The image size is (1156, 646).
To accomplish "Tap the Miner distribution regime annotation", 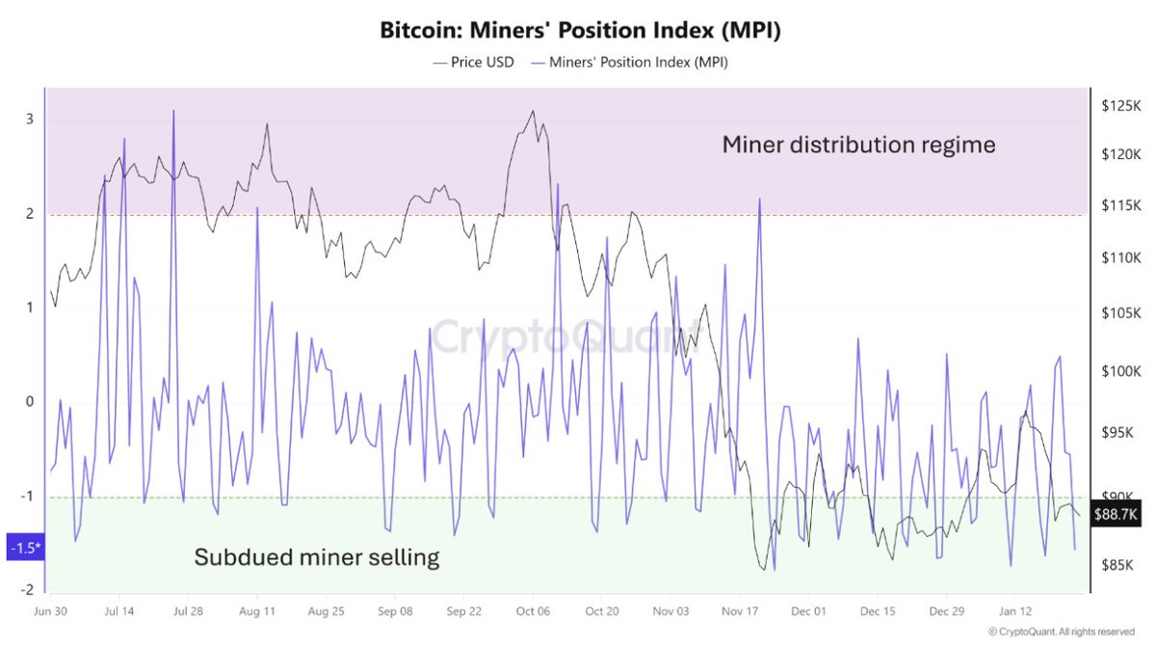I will coord(858,146).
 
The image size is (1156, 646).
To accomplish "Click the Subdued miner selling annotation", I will coord(317,557).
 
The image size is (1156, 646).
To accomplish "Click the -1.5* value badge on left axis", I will coord(24,548).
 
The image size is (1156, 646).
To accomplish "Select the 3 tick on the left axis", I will coord(30,120).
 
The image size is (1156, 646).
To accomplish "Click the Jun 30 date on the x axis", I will coord(50,611).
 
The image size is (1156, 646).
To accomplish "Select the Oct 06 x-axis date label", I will coord(533,611).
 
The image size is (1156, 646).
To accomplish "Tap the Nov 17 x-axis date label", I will coord(740,611).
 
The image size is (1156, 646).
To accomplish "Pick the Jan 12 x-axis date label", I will coord(1016,611).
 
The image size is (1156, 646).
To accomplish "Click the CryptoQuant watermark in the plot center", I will coord(568,336).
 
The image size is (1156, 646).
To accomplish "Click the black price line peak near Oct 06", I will coord(533,111).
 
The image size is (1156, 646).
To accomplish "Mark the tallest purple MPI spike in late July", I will coord(173,111).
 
